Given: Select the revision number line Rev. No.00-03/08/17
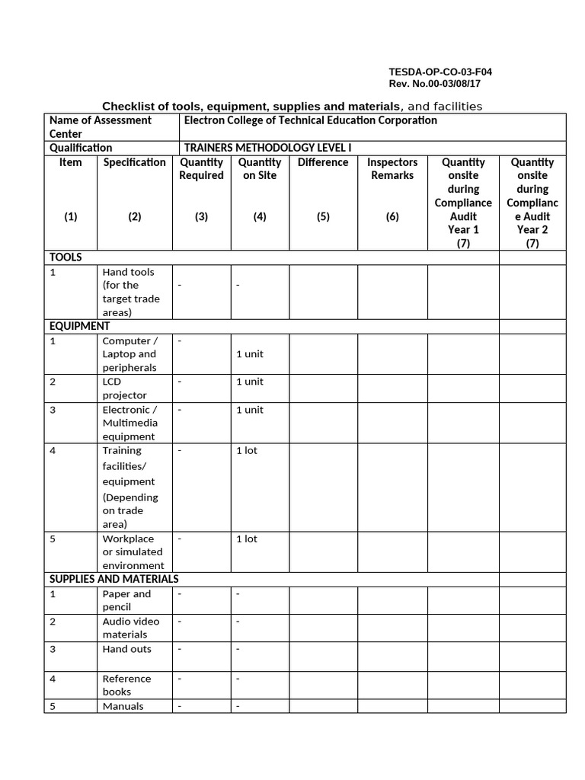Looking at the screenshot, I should coord(440,84).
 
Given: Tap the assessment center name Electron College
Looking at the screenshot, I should coord(310,120).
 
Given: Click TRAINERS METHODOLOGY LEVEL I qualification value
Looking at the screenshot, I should coord(267,148).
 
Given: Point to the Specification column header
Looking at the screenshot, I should coord(135,162).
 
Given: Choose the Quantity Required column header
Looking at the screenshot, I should coord(201,169).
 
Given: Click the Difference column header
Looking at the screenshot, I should coord(323,162).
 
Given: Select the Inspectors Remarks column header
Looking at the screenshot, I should coord(392,169).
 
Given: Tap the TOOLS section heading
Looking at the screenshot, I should coord(66,257).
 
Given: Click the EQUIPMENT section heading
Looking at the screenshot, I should coord(80,326).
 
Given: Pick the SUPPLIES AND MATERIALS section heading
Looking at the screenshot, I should coord(114,579).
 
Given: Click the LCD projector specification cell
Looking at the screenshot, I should coord(125,388).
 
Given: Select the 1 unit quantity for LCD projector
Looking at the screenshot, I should coord(250,382).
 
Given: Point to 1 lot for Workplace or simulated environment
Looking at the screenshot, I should coord(247,539).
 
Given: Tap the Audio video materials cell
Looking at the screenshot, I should coord(131,628).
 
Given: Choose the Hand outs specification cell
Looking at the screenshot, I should coord(126,649).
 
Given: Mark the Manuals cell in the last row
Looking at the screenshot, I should coord(123,706).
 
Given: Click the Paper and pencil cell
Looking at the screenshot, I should coord(126,600).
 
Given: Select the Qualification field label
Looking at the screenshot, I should coord(81,148).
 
